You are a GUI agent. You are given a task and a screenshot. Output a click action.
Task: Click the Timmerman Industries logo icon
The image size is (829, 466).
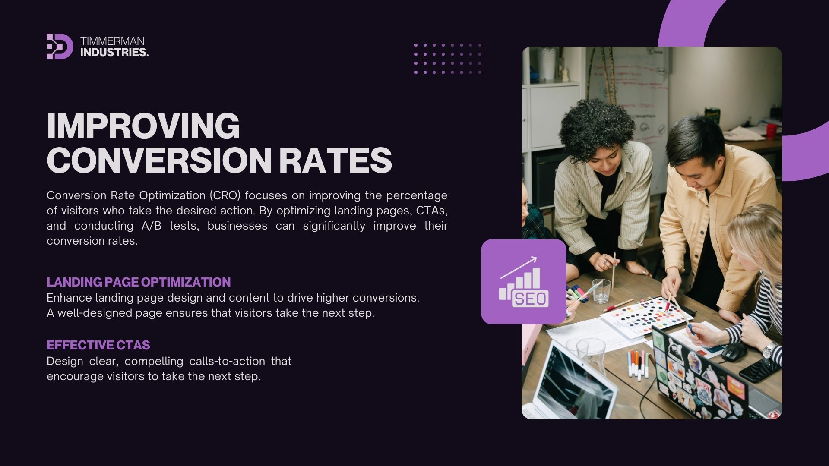[x=60, y=46]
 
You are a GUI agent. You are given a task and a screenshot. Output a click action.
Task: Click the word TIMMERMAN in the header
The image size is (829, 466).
[x=112, y=41]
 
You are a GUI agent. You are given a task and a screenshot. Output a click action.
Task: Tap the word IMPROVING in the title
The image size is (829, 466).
[x=143, y=126]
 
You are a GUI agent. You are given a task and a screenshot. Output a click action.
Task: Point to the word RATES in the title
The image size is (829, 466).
[x=335, y=160]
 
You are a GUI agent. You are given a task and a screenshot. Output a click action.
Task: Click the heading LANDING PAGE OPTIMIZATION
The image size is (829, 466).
[x=139, y=282]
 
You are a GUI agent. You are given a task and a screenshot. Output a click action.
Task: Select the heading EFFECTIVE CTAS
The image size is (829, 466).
[x=98, y=345]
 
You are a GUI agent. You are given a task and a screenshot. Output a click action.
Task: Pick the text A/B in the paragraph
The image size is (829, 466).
[x=152, y=226]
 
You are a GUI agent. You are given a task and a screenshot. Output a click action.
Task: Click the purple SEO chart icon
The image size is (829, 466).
[x=524, y=282]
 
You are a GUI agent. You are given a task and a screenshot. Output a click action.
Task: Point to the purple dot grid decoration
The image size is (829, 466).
[x=447, y=58]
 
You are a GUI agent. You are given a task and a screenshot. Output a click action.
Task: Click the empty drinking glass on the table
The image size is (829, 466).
[x=601, y=291]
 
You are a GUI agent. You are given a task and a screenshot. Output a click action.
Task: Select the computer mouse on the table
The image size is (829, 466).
[x=734, y=352]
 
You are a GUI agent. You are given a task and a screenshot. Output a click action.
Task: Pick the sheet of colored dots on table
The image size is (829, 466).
[x=646, y=316]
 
